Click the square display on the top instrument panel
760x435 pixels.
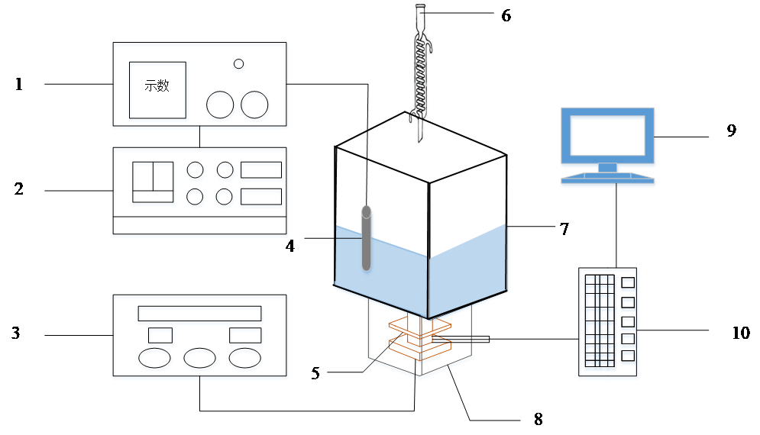point(157,92)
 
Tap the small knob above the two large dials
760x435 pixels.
point(239,66)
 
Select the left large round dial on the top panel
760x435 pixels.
point(222,108)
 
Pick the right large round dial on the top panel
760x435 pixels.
point(255,108)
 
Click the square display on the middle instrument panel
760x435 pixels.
point(154,184)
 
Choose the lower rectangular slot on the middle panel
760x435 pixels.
point(262,198)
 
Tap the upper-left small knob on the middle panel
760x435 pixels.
point(196,171)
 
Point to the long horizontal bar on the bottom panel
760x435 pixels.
point(201,315)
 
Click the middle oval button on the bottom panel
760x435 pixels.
point(200,360)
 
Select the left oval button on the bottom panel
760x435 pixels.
point(155,360)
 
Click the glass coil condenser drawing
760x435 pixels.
point(419,72)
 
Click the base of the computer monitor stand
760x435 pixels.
point(607,180)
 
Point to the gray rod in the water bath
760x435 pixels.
point(367,237)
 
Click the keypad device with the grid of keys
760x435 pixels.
point(608,324)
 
